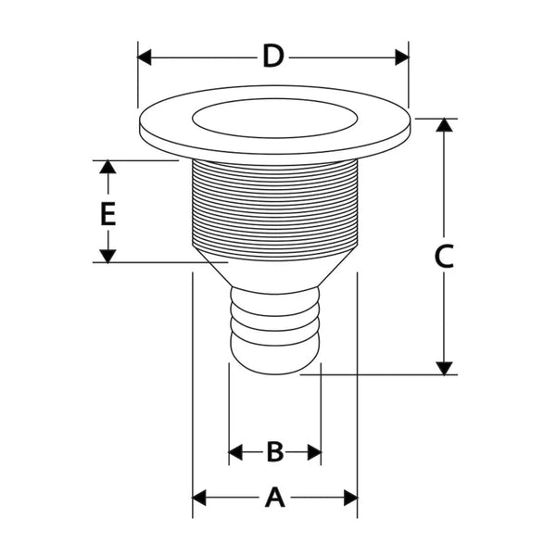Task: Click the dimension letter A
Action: point(274,498)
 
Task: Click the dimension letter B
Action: point(274,452)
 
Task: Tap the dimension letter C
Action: point(445,257)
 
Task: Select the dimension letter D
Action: point(272,57)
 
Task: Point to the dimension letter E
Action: point(108,215)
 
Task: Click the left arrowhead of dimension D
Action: point(145,57)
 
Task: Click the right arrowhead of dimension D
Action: point(401,57)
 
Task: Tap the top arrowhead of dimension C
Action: point(445,125)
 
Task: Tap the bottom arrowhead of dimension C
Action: point(445,368)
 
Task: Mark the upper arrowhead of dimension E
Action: point(108,167)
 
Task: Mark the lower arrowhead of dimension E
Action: point(108,256)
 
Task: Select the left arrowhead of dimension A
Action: point(198,498)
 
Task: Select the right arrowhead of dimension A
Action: point(350,498)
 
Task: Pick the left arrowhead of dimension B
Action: point(235,452)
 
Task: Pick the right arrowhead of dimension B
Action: point(314,452)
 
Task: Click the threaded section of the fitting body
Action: point(274,208)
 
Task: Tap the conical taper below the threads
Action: point(274,272)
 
